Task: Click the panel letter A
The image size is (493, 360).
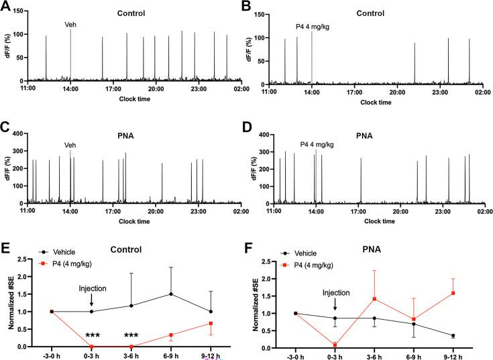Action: [7, 7]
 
